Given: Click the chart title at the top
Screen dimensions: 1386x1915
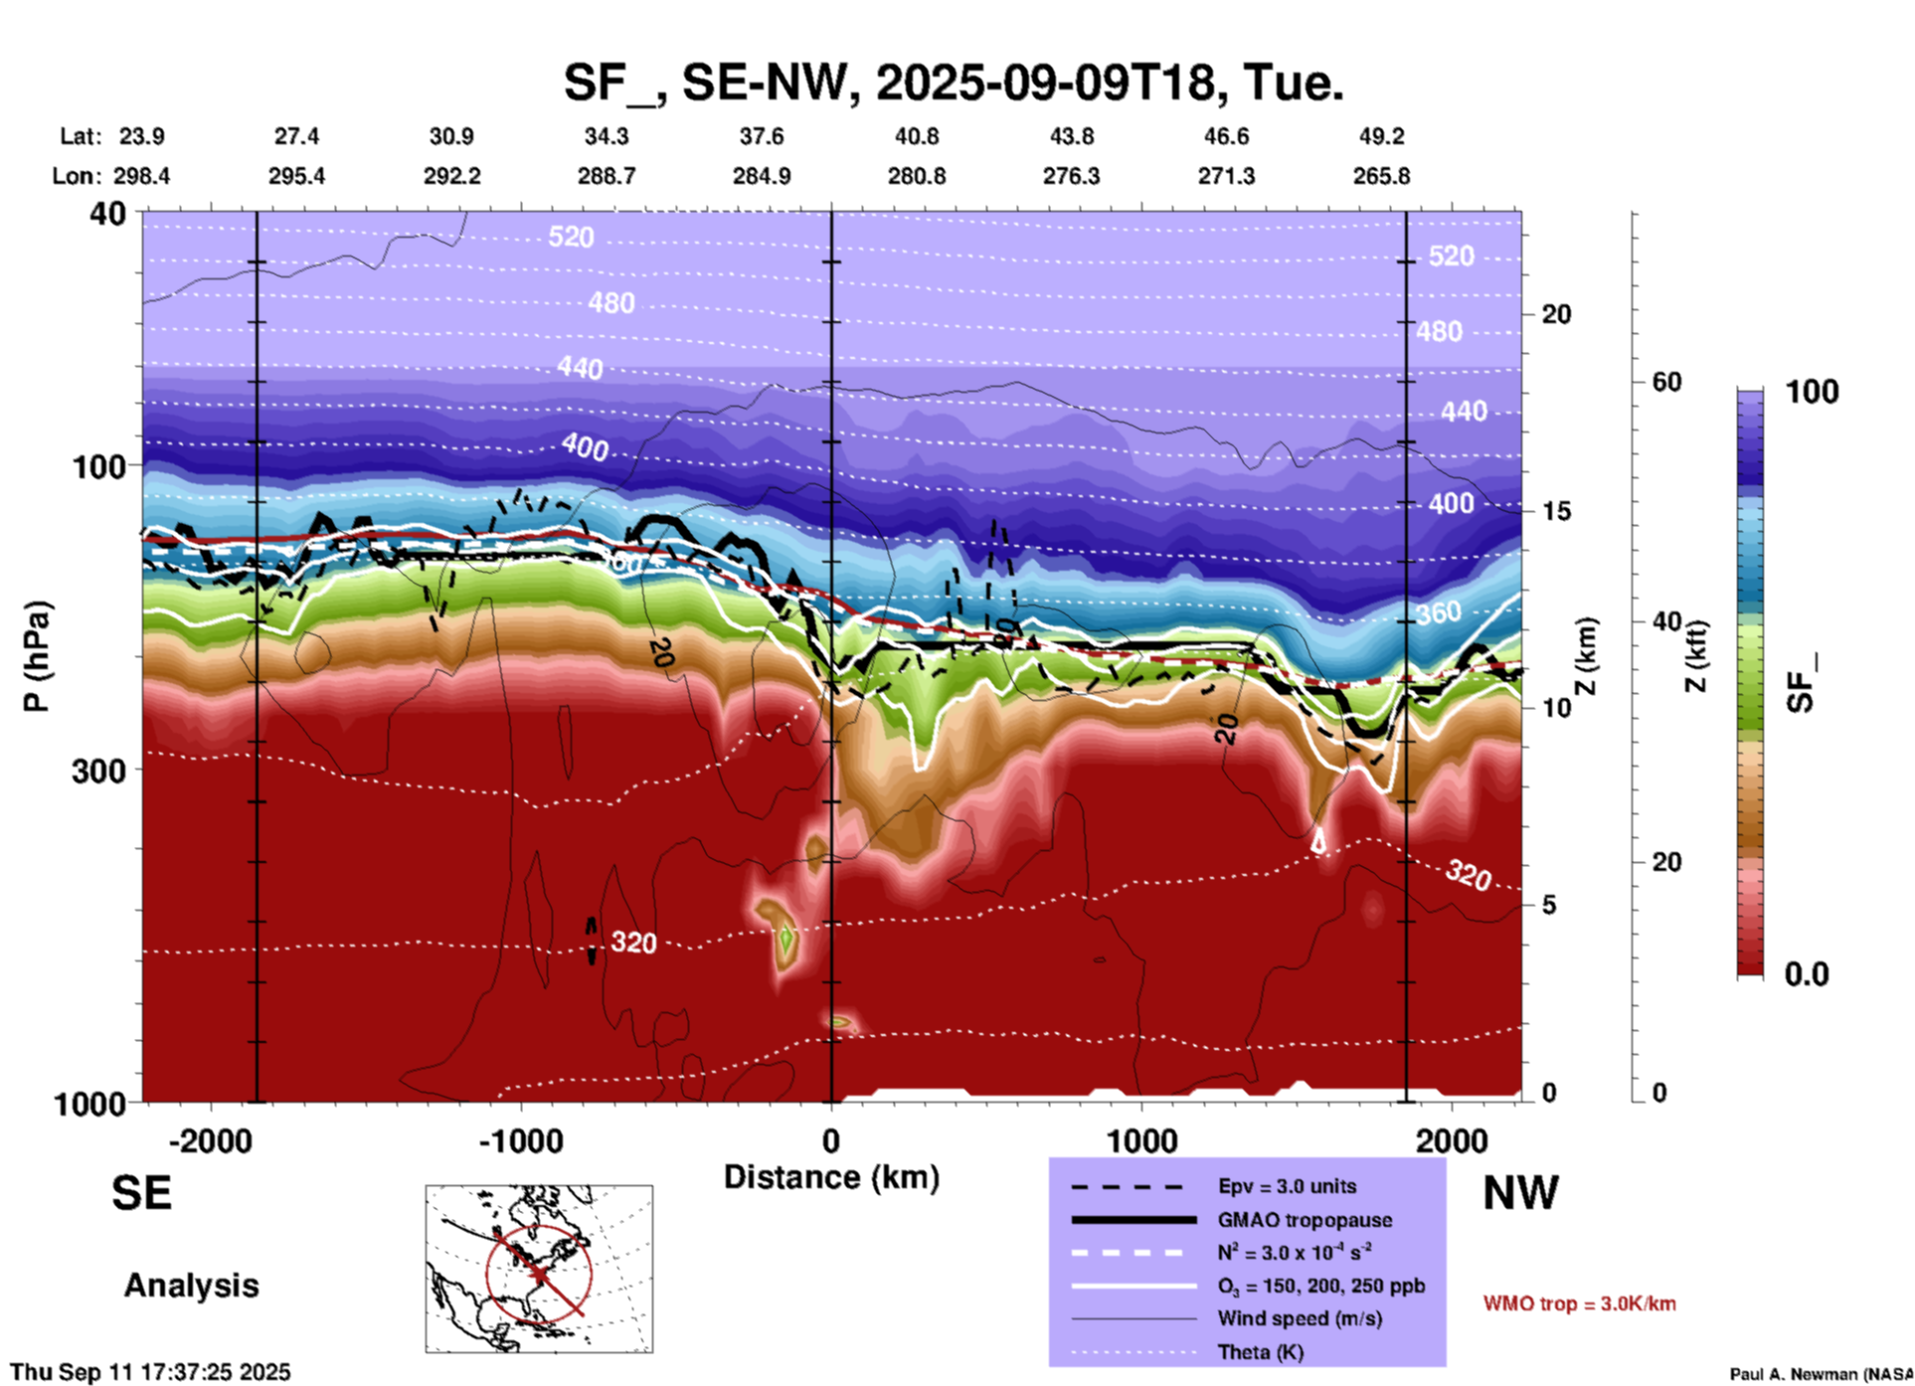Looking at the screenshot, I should tap(953, 82).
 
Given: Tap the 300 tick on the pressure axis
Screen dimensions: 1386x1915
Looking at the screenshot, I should tap(99, 771).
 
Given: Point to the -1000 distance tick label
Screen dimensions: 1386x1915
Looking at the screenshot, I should tap(520, 1141).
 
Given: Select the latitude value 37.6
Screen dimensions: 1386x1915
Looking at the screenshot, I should tap(762, 136).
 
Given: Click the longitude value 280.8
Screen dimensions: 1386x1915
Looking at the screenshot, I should tap(917, 177).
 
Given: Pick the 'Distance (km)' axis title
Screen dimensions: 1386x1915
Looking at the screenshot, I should tap(831, 1177).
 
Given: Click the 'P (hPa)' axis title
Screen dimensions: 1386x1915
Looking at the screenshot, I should tap(37, 655).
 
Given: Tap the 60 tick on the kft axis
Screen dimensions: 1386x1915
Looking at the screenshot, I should tap(1666, 383).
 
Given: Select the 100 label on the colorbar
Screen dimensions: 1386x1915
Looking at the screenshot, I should tap(1812, 392).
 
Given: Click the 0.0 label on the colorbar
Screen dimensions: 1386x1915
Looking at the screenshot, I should tap(1807, 974).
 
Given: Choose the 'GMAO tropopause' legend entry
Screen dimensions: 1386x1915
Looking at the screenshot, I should tap(1305, 1220).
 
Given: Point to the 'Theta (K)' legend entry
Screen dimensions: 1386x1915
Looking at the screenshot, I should tap(1260, 1352).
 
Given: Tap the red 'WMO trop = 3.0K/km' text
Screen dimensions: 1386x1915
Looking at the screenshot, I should tap(1579, 1303).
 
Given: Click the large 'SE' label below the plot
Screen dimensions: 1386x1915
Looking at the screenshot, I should tap(141, 1193).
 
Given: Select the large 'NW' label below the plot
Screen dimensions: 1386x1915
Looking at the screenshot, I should tap(1520, 1193).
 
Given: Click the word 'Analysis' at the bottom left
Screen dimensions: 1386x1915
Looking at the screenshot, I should tap(191, 1286).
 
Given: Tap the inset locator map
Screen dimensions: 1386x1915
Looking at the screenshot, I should tap(539, 1269).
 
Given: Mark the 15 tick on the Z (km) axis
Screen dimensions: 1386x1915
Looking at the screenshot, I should tap(1556, 511).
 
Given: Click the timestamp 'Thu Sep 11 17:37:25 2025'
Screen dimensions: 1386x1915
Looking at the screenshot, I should tap(150, 1372).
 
